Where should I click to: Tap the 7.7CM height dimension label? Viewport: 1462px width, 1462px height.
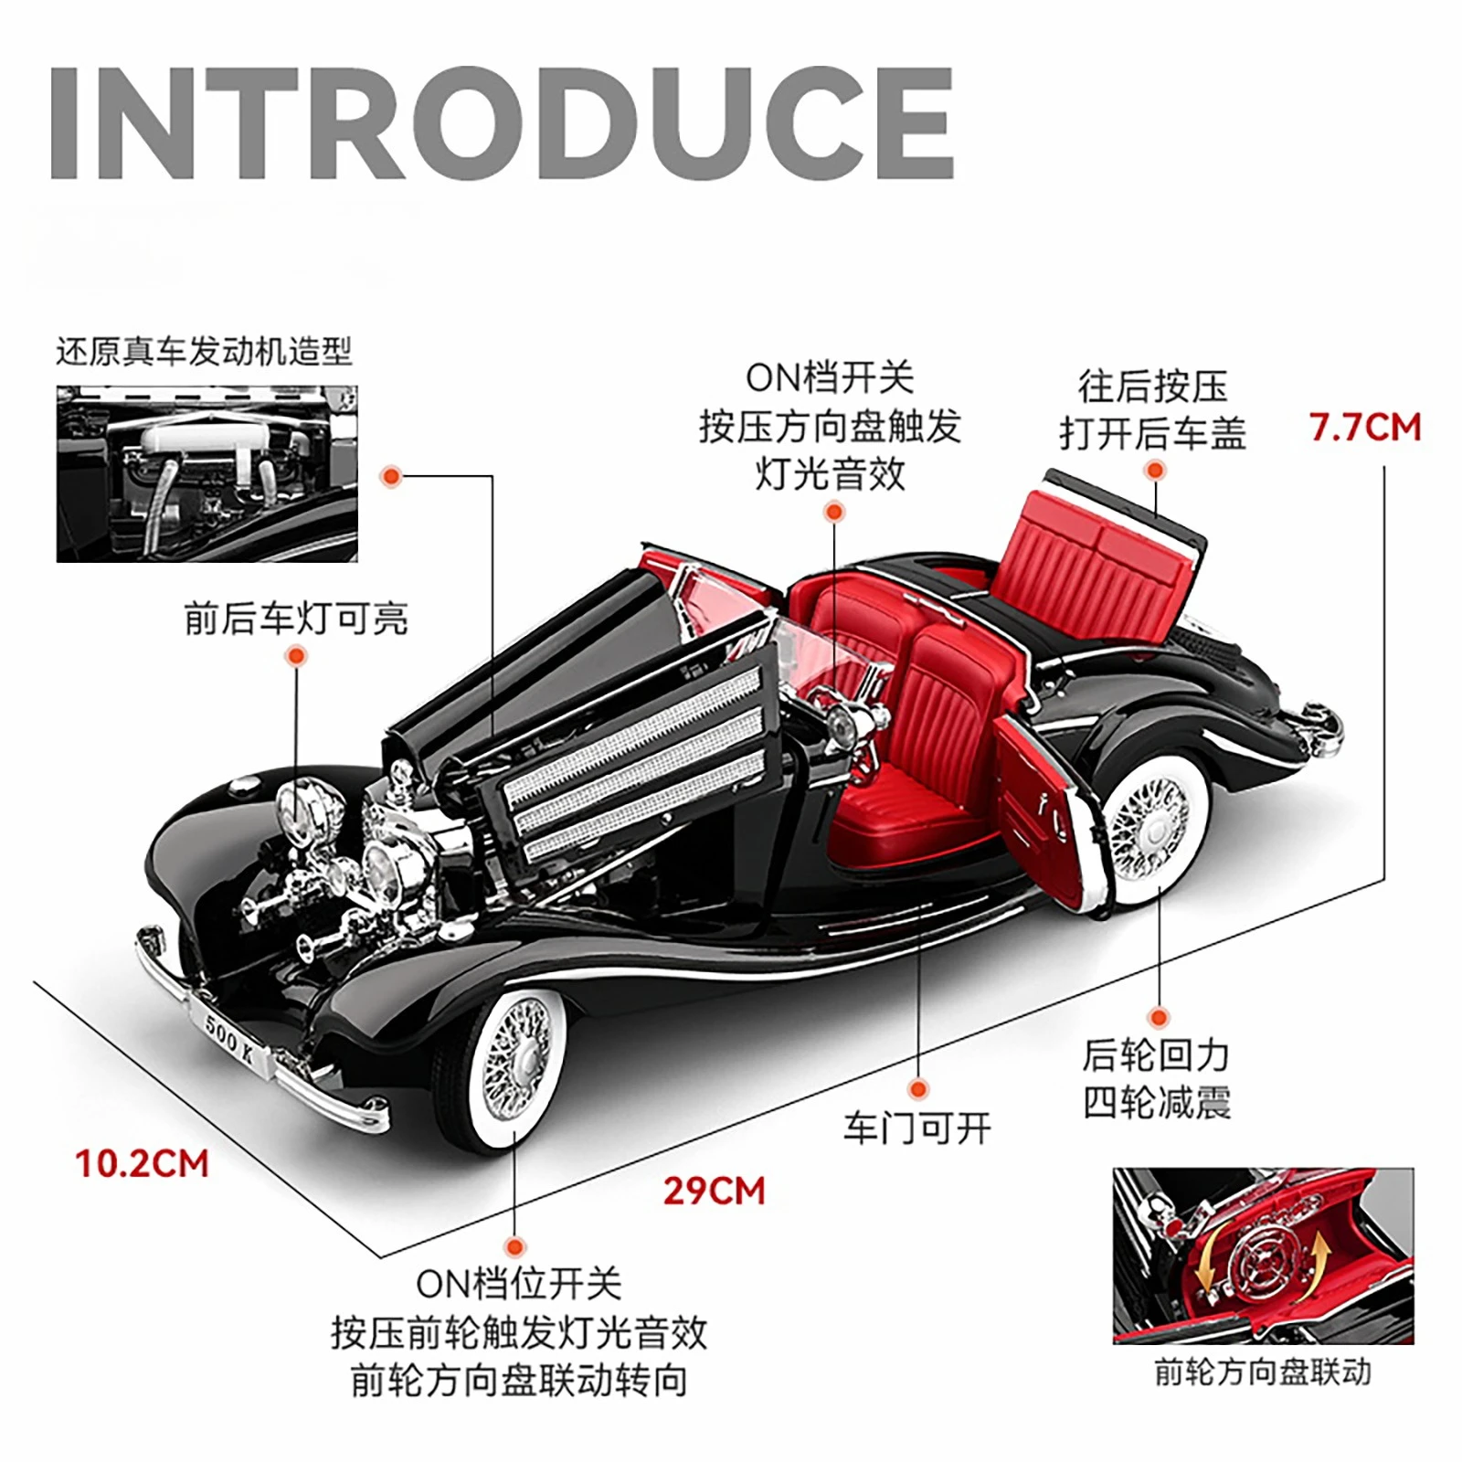(x=1365, y=428)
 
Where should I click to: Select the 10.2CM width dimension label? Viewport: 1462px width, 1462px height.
(x=142, y=1164)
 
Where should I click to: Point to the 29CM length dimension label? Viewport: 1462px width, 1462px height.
(x=714, y=1191)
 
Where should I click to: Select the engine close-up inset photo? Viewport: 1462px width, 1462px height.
(x=207, y=473)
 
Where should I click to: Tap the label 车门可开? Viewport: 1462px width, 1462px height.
(x=916, y=1129)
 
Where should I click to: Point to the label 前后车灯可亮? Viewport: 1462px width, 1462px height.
(x=295, y=619)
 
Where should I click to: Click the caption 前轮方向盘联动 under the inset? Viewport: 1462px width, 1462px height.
(x=1263, y=1372)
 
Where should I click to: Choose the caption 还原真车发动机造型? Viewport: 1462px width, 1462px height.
(x=204, y=352)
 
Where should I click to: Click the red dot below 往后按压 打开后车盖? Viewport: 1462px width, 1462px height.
(x=1156, y=471)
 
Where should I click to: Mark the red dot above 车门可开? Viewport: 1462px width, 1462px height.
(x=918, y=1088)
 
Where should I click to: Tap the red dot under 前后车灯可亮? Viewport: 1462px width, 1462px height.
(x=295, y=655)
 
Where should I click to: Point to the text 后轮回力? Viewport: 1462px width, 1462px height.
(x=1156, y=1055)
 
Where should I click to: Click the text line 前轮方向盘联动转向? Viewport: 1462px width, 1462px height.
(x=518, y=1381)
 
